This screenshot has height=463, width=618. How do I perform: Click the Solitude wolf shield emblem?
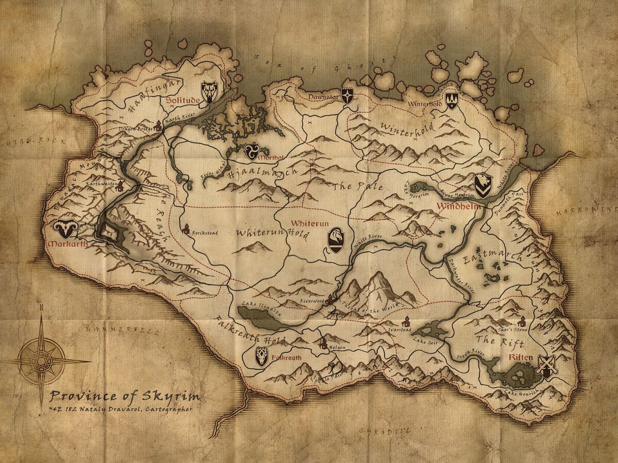click(x=210, y=92)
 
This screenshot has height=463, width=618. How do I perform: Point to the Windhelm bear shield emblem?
click(x=483, y=186)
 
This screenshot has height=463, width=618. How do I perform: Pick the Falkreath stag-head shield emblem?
click(x=262, y=356)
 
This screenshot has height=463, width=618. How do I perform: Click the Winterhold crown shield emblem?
click(x=452, y=101)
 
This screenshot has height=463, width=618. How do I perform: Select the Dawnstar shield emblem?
click(x=348, y=96)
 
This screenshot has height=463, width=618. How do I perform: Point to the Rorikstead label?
click(x=205, y=233)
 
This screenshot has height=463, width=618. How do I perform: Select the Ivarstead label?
click(x=400, y=330)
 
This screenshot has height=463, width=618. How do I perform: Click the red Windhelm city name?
click(x=458, y=206)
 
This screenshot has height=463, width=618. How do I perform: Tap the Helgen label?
click(x=338, y=347)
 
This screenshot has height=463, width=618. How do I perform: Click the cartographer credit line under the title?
click(x=121, y=409)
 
